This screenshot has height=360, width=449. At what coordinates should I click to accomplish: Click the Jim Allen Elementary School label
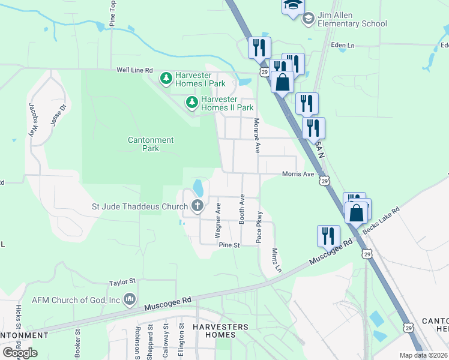pyautogui.click(x=352, y=19)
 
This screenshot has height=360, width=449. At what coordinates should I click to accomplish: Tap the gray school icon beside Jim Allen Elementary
pyautogui.click(x=309, y=19)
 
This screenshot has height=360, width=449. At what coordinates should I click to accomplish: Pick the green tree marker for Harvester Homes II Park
pyautogui.click(x=192, y=103)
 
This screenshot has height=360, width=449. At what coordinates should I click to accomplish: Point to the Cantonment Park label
pyautogui.click(x=151, y=144)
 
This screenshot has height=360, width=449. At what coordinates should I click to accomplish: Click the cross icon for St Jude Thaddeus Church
pyautogui.click(x=197, y=207)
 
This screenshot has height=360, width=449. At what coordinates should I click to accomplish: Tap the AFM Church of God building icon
pyautogui.click(x=130, y=299)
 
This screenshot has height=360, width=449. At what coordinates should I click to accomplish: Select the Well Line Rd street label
pyautogui.click(x=134, y=70)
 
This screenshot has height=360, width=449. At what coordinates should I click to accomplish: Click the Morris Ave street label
pyautogui.click(x=298, y=174)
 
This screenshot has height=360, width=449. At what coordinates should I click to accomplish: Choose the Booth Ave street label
pyautogui.click(x=243, y=209)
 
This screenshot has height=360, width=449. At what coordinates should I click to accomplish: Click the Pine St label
pyautogui.click(x=229, y=245)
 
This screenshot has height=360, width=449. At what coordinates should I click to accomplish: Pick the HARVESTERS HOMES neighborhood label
pyautogui.click(x=220, y=331)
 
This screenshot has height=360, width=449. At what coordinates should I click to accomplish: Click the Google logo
pyautogui.click(x=20, y=352)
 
